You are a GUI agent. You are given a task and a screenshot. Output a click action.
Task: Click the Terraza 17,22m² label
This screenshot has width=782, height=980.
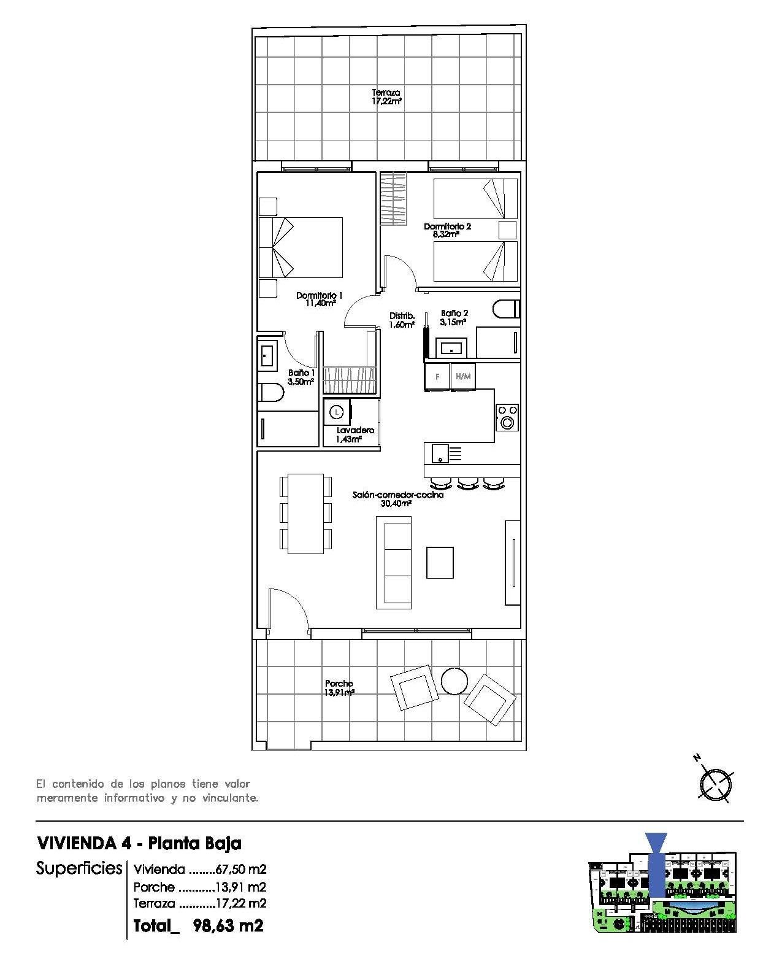point(386,97)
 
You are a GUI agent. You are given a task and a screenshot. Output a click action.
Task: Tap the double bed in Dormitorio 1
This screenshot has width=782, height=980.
point(301,247)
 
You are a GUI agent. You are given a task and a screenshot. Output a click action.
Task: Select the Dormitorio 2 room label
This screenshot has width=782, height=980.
point(447,230)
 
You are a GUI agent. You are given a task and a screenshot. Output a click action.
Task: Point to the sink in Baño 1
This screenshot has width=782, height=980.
point(267,355)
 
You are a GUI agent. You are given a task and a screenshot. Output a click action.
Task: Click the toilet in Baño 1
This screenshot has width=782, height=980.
point(270,392)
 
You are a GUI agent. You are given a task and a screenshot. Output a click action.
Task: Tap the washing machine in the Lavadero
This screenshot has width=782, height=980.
point(337,411)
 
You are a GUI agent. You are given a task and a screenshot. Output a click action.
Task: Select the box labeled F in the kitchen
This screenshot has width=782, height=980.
point(437,377)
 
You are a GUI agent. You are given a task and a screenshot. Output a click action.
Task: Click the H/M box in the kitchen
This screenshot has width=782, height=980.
point(463,377)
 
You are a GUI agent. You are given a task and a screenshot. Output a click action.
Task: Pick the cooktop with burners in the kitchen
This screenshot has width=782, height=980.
point(507,417)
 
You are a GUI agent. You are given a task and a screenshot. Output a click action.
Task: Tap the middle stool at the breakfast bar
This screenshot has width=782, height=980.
point(467,484)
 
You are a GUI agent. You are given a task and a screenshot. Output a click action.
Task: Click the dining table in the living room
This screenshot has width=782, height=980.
point(305,513)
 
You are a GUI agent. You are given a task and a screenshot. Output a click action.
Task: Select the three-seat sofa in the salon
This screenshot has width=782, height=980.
point(393,562)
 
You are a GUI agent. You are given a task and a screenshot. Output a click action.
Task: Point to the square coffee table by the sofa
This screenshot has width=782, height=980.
point(440,563)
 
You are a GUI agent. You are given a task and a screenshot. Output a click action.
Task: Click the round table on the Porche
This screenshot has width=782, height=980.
point(454,681)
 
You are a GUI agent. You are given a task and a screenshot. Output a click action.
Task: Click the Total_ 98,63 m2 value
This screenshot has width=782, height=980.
point(199,925)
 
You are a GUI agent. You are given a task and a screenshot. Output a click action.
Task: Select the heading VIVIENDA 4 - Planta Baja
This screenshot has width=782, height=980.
point(139,843)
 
